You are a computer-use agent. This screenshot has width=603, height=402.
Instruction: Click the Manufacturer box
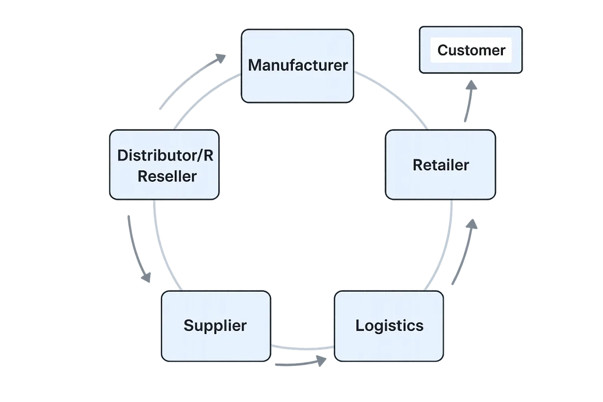297,66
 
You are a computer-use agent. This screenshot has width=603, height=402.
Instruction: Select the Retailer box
440,165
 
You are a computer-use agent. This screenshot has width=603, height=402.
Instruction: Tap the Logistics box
389,326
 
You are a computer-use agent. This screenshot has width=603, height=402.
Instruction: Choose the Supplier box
216,326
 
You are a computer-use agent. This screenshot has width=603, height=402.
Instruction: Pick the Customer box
471,50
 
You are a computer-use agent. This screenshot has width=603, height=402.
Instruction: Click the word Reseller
167,177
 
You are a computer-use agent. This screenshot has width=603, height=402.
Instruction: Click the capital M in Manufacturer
255,65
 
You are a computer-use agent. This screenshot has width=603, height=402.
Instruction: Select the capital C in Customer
443,50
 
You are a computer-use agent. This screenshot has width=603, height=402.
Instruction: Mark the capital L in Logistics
360,326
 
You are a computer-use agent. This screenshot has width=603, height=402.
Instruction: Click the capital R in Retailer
417,165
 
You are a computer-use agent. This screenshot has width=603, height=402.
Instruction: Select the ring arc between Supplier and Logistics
302,349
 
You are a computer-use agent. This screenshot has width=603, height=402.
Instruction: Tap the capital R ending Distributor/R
208,155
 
